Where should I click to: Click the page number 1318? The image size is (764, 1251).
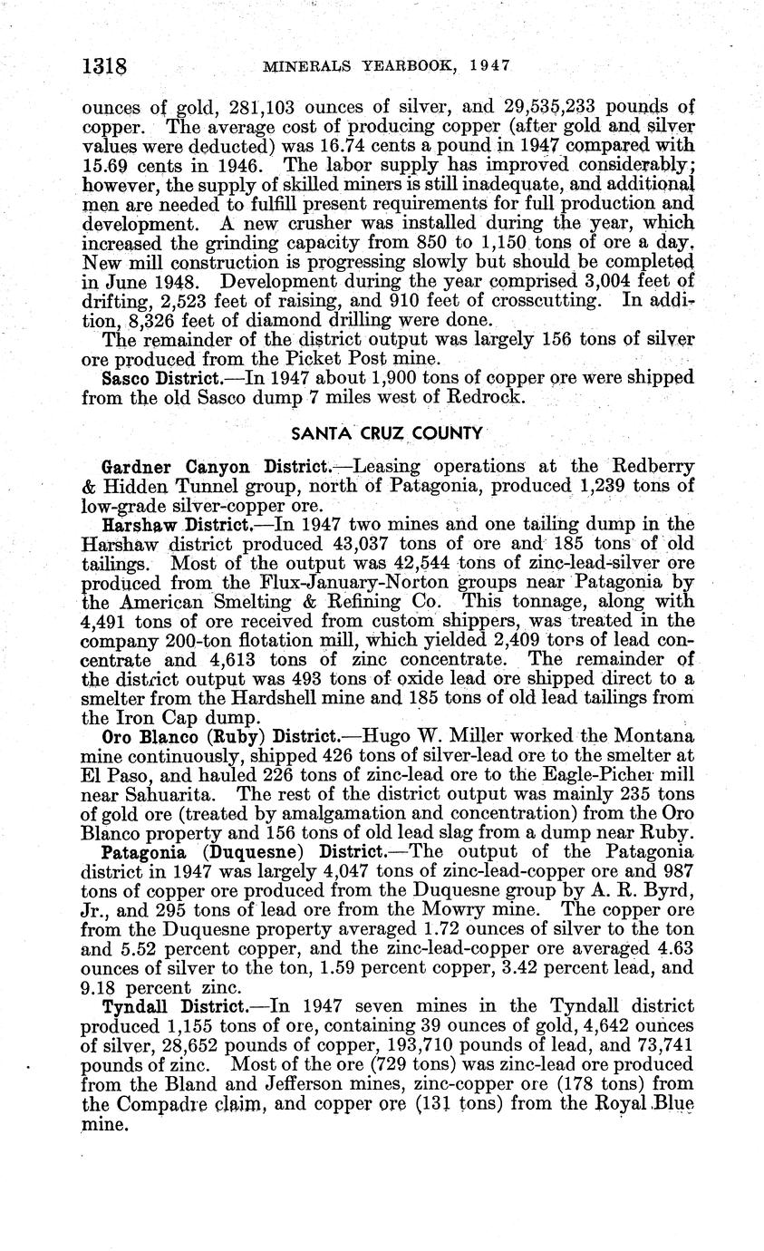(x=102, y=66)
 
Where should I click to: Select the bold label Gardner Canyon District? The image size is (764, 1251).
(x=216, y=467)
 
